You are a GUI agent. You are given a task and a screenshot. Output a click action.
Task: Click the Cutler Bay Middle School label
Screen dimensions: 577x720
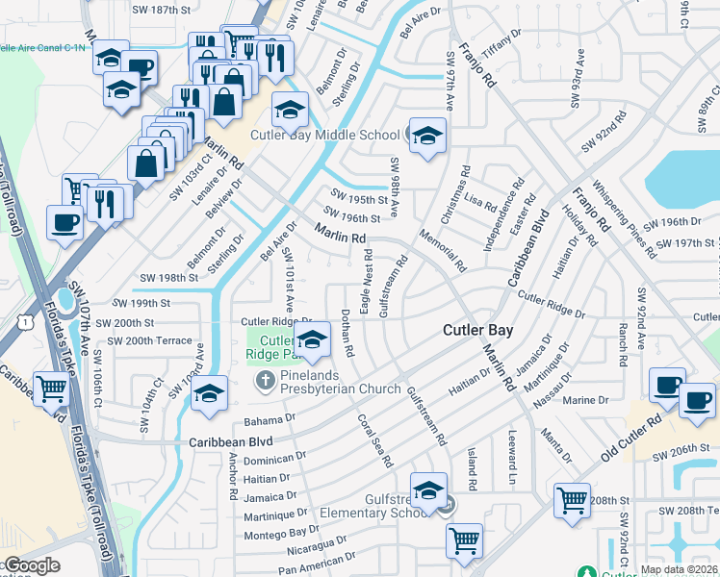[325, 136]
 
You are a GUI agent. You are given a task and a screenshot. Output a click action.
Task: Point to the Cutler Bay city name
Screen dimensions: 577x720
[477, 330]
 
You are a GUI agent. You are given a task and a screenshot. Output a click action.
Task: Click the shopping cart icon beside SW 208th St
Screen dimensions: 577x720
[572, 500]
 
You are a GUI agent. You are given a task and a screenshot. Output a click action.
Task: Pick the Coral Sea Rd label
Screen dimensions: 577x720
[375, 440]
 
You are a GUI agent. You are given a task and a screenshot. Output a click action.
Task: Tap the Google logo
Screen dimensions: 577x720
[32, 565]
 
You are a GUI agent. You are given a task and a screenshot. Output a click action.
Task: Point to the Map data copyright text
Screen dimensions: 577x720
[680, 569]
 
